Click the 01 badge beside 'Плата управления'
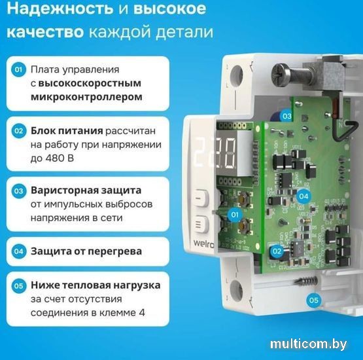point(19,69)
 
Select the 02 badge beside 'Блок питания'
point(19,130)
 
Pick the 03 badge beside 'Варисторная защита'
point(19,191)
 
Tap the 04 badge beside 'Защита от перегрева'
point(19,251)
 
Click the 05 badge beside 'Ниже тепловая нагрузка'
point(19,286)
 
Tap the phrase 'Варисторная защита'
point(86,190)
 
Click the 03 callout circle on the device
point(286,116)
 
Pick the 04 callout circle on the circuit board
point(303,196)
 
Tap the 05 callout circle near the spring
point(314,300)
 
